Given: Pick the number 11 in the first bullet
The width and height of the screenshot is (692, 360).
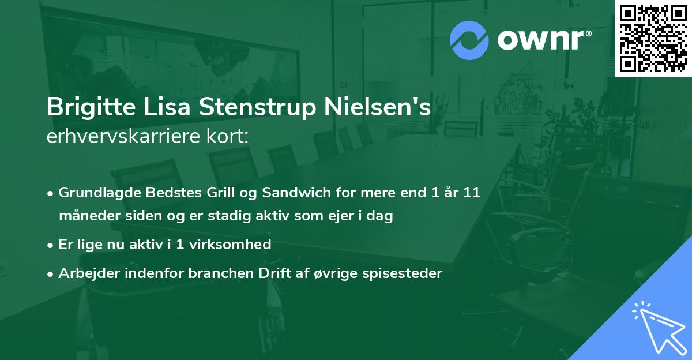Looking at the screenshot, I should pos(471,193).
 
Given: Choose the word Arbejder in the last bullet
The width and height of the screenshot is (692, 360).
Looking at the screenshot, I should pos(85,273).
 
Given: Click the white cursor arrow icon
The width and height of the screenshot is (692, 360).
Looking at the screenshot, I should pos(657,326).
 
